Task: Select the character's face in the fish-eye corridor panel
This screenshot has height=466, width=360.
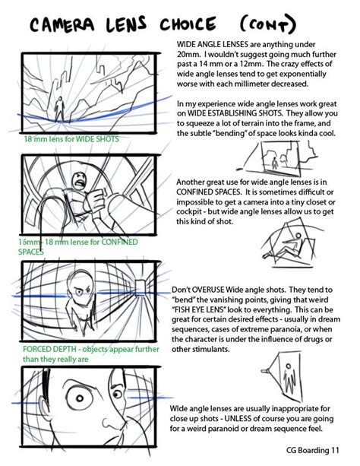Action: click(84, 289)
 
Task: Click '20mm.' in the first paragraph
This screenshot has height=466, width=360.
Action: click(188, 55)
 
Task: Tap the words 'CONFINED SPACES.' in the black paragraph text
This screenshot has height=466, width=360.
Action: click(214, 193)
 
